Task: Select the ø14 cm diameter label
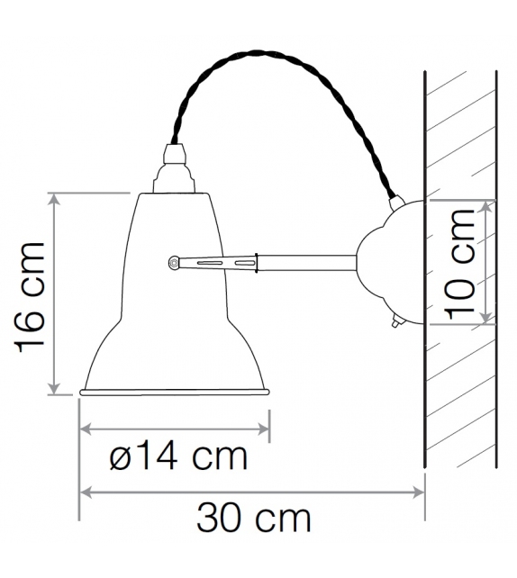177,456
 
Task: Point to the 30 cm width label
254,519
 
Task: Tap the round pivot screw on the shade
173,262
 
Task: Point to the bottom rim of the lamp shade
175,392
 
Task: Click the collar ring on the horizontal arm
258,262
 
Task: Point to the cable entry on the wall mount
395,201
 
